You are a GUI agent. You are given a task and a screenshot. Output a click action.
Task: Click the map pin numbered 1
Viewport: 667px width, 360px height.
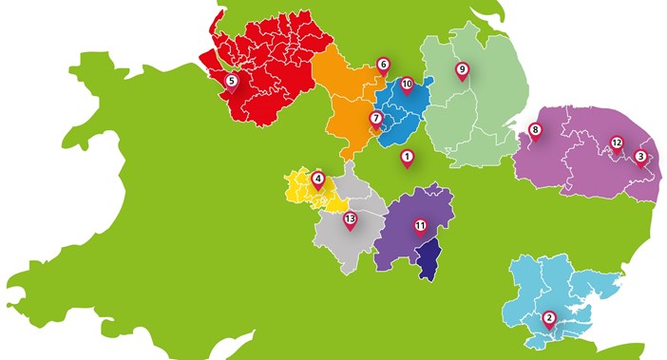(x=407, y=158)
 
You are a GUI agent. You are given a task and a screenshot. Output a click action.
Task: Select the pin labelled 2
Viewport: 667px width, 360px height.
(x=548, y=320)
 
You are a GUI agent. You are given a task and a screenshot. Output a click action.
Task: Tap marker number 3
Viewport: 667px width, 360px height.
(x=640, y=158)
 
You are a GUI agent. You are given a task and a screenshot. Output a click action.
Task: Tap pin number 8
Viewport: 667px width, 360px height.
(x=535, y=131)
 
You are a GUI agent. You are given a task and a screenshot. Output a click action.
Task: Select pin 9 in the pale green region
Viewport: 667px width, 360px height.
(x=462, y=70)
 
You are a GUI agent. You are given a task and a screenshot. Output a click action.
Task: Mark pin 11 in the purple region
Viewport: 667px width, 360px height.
(x=418, y=226)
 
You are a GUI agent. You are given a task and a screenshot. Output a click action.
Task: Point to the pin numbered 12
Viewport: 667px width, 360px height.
(x=616, y=145)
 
